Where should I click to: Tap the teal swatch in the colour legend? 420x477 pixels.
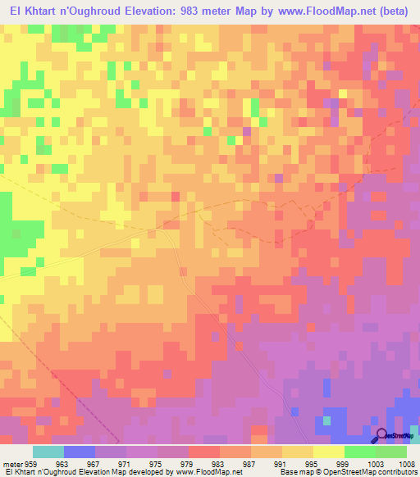(48, 452)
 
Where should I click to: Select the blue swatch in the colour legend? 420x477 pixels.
(80, 452)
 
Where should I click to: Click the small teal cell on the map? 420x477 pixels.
(327, 420)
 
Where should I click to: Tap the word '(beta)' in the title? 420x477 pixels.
(399, 11)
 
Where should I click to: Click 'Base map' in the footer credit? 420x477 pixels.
(293, 472)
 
